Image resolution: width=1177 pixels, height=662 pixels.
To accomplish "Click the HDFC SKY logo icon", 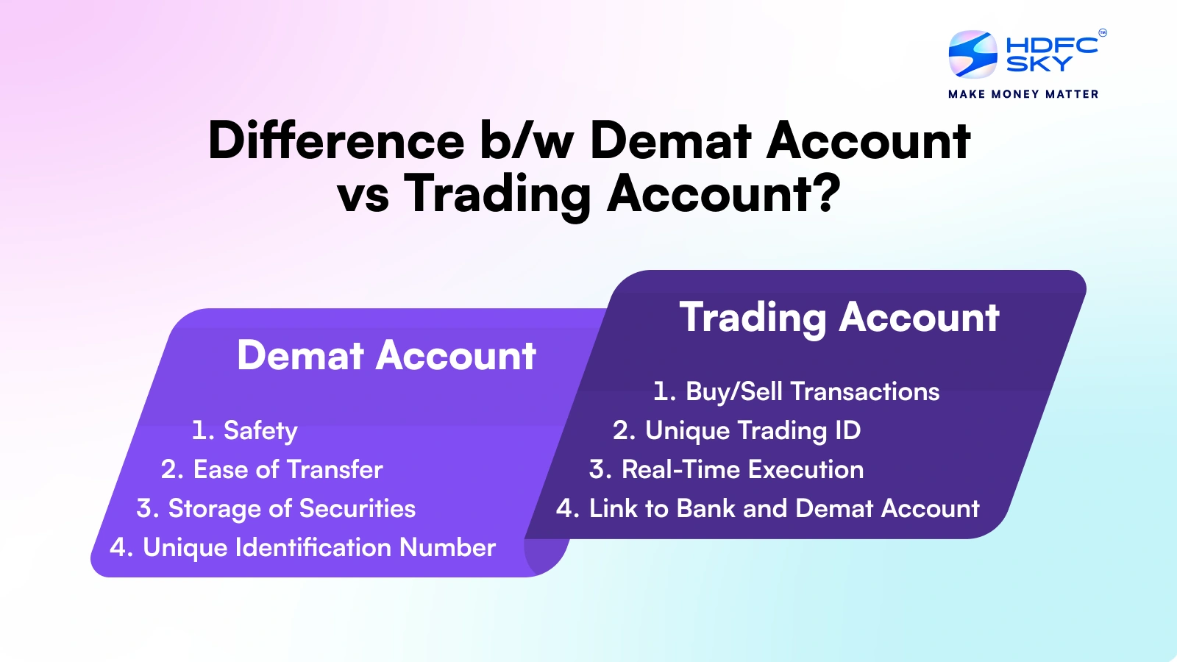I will click(972, 54).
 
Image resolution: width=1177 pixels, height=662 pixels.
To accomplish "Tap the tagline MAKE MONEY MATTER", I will click(1023, 94).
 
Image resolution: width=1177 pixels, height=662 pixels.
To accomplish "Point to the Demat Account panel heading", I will click(386, 356).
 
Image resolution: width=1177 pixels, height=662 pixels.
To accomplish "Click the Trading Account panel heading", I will click(839, 318).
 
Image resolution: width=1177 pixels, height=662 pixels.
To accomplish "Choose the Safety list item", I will click(245, 430).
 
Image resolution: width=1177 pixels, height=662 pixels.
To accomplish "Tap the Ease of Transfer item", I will click(272, 469).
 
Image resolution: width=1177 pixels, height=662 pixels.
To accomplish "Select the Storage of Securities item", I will click(276, 508).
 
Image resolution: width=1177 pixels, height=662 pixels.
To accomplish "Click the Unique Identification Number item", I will click(302, 547).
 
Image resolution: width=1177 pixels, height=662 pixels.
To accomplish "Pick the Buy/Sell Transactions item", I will click(796, 391).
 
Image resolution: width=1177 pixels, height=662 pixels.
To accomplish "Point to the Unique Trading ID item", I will click(736, 430).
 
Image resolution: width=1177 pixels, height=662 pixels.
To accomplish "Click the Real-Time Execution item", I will click(726, 469).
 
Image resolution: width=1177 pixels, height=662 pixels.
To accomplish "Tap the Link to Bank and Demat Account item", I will click(767, 508).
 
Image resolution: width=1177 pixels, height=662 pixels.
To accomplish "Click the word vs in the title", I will click(363, 195).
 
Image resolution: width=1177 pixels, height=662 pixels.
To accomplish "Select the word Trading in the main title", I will click(497, 194).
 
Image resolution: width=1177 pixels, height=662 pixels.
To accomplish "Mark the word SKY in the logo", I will click(1039, 65).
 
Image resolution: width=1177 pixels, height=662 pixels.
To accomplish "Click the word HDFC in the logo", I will click(1051, 45).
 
